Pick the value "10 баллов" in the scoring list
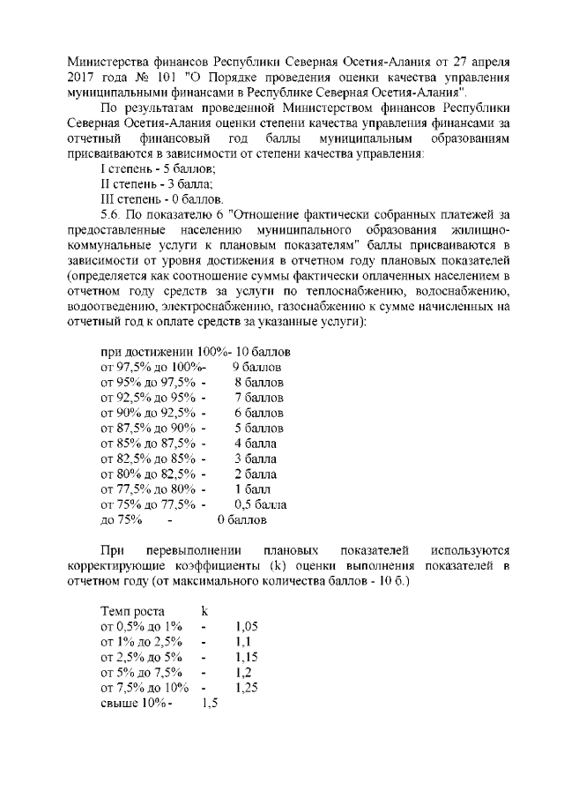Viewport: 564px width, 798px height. coord(263,351)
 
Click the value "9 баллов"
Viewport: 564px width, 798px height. coord(256,366)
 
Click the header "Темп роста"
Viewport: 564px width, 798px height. coord(138,610)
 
